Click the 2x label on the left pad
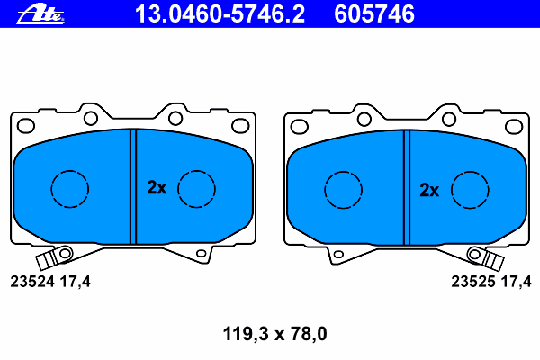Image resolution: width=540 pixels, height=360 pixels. click(157, 188)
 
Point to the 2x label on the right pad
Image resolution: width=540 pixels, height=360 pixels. click(429, 190)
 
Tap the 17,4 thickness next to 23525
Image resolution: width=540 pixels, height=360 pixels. click(515, 282)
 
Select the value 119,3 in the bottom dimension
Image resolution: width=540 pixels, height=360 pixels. click(244, 334)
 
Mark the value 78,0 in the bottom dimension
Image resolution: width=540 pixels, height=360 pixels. click(306, 334)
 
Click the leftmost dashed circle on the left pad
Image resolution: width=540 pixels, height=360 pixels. click(69, 188)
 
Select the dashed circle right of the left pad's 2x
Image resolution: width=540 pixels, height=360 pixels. click(196, 188)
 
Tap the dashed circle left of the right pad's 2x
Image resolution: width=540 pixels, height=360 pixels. click(342, 189)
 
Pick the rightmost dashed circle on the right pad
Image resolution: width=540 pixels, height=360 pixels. click(469, 189)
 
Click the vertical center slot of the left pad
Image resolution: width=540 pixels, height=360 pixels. click(132, 186)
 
